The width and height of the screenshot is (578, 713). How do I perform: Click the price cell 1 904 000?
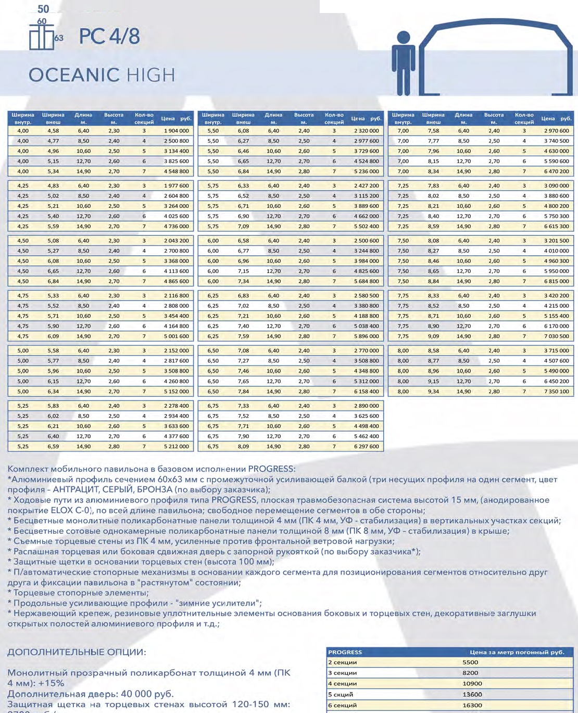point(177,131)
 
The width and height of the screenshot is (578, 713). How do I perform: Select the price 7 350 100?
point(557,392)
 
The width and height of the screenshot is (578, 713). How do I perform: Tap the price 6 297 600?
point(367,446)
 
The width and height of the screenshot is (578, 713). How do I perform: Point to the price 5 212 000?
point(177,446)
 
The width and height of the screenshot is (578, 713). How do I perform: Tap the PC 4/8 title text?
point(109,36)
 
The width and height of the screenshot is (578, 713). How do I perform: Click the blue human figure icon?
point(404,62)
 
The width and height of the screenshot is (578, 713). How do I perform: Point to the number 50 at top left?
point(43,9)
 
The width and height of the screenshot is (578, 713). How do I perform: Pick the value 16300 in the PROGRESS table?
point(472,705)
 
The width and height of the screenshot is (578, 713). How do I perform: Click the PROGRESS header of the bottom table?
point(345,652)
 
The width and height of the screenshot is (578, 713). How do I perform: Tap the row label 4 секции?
point(342,684)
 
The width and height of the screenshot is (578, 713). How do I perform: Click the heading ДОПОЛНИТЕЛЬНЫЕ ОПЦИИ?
point(77,652)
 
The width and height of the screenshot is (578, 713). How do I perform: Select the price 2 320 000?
point(367,131)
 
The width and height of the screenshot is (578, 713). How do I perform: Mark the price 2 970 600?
point(557,131)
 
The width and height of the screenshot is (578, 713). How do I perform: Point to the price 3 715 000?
point(557,351)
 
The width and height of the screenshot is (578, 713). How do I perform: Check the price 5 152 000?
point(177,392)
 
